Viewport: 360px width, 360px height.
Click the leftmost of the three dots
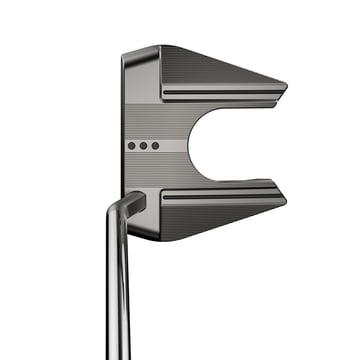point(132,146)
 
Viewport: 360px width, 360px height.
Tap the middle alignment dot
point(143,146)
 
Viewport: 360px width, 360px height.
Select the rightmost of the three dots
point(155,146)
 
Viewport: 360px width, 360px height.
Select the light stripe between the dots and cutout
point(177,146)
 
